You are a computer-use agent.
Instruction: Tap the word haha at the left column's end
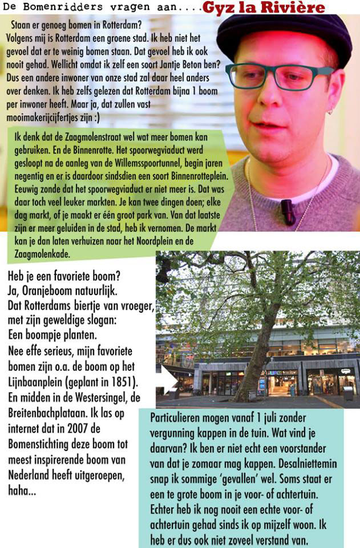(x=20, y=490)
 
